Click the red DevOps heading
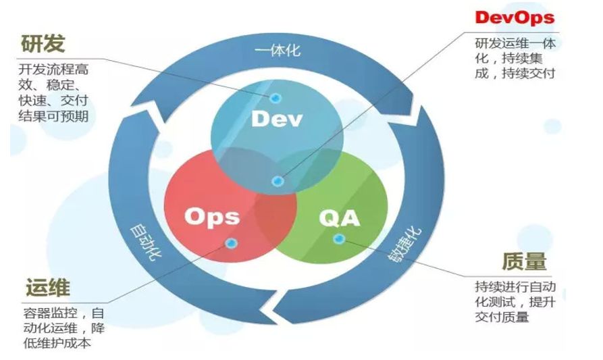click(x=514, y=17)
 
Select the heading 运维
click(x=48, y=288)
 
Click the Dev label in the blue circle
click(x=277, y=120)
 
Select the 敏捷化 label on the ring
click(x=406, y=245)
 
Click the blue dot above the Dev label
click(x=276, y=98)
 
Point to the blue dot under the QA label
click(x=340, y=238)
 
